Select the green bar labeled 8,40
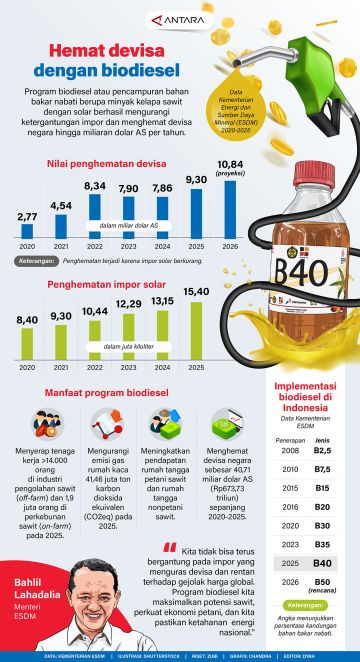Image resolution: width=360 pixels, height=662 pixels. tap(27, 342)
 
